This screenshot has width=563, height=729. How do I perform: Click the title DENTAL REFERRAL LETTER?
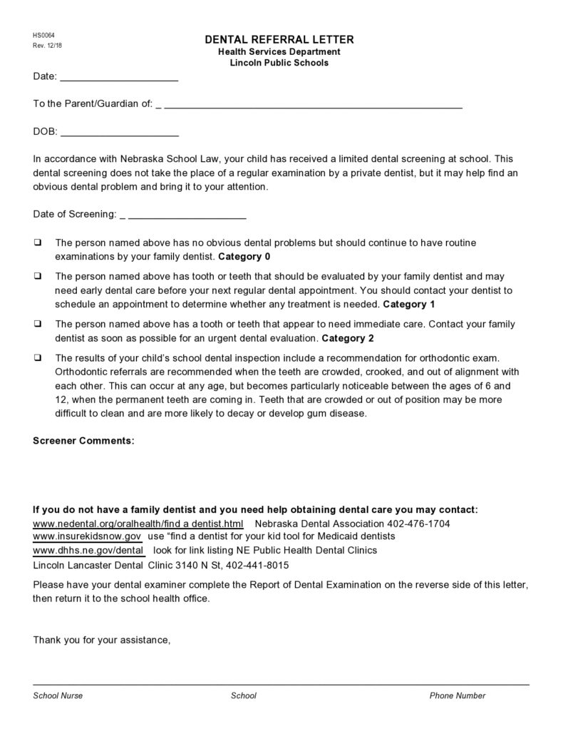[279, 40]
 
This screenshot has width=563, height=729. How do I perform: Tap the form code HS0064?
[43, 36]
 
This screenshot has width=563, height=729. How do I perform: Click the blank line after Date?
[118, 77]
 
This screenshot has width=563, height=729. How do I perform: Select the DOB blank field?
[119, 132]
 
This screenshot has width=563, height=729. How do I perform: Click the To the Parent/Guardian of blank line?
[313, 104]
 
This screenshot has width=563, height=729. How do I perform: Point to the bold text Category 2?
[348, 337]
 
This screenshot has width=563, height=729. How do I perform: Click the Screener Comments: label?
[83, 441]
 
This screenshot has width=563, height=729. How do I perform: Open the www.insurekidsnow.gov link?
[88, 536]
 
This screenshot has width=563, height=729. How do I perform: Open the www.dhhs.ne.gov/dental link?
[88, 551]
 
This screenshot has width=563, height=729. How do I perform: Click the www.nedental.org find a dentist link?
[138, 524]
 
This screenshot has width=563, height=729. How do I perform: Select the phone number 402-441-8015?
[258, 565]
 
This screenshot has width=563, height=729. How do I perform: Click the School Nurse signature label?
[58, 695]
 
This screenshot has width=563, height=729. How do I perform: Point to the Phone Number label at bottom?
[457, 695]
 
